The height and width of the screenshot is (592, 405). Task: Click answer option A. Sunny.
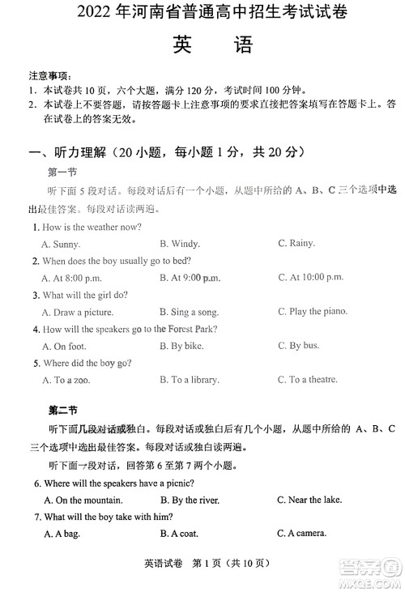tap(61, 244)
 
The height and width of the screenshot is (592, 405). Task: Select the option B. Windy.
tap(180, 244)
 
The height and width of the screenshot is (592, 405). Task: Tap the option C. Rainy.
tap(296, 243)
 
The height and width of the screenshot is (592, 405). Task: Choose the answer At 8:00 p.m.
tap(67, 278)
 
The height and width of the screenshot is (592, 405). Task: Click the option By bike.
tap(181, 346)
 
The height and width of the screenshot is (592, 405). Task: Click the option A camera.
tap(301, 533)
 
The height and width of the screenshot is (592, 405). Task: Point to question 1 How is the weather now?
tap(87, 227)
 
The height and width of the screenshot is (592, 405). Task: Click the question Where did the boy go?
tap(82, 363)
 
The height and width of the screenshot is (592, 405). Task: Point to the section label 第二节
tap(62, 409)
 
